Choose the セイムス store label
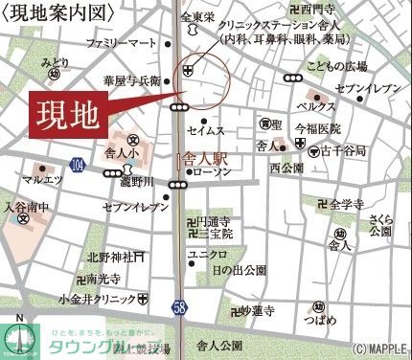point(206,129)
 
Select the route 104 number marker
point(78,166)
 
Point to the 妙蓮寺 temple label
point(256,311)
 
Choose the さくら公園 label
point(380,225)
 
